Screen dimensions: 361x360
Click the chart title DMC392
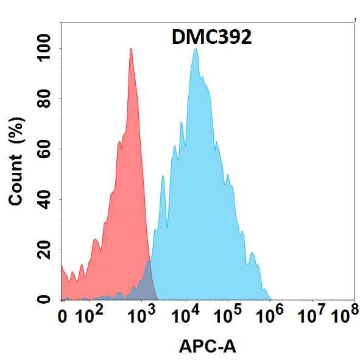(210, 38)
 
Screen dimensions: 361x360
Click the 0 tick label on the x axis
(63, 316)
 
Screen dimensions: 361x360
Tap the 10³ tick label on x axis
(141, 315)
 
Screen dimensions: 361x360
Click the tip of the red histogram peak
(130, 49)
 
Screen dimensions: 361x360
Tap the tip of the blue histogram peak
(196, 49)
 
